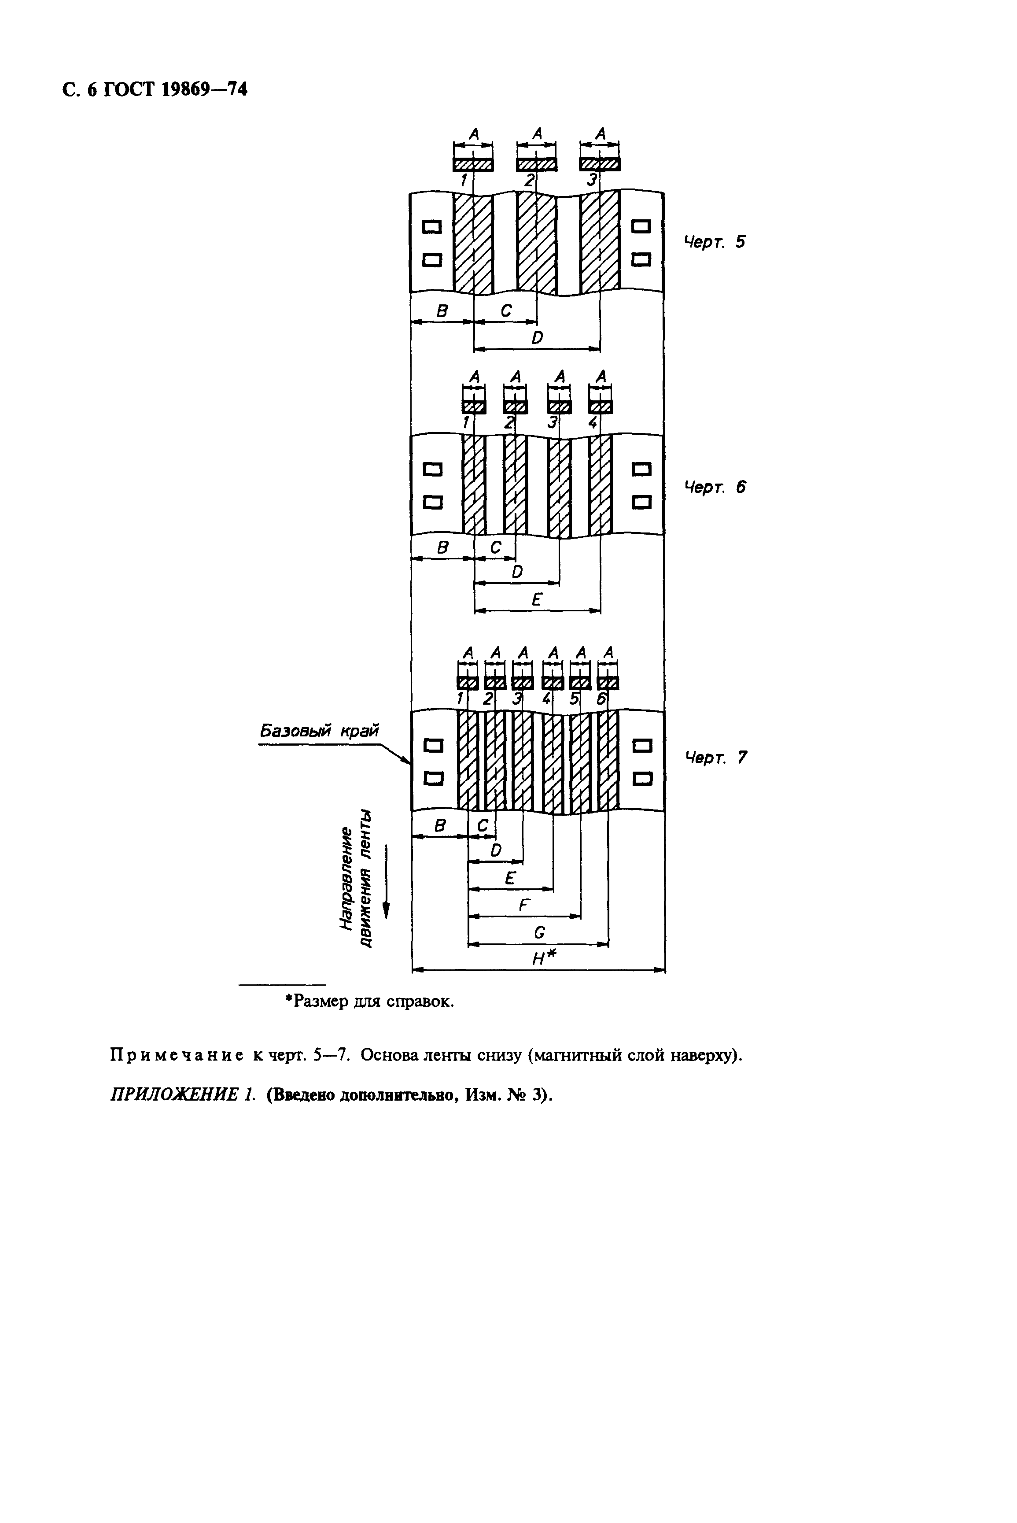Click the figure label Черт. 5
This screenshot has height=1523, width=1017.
click(x=715, y=242)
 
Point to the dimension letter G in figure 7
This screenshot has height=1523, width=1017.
click(x=539, y=932)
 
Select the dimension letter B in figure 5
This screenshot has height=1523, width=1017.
click(x=442, y=311)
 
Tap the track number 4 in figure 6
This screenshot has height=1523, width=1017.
click(x=592, y=422)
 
